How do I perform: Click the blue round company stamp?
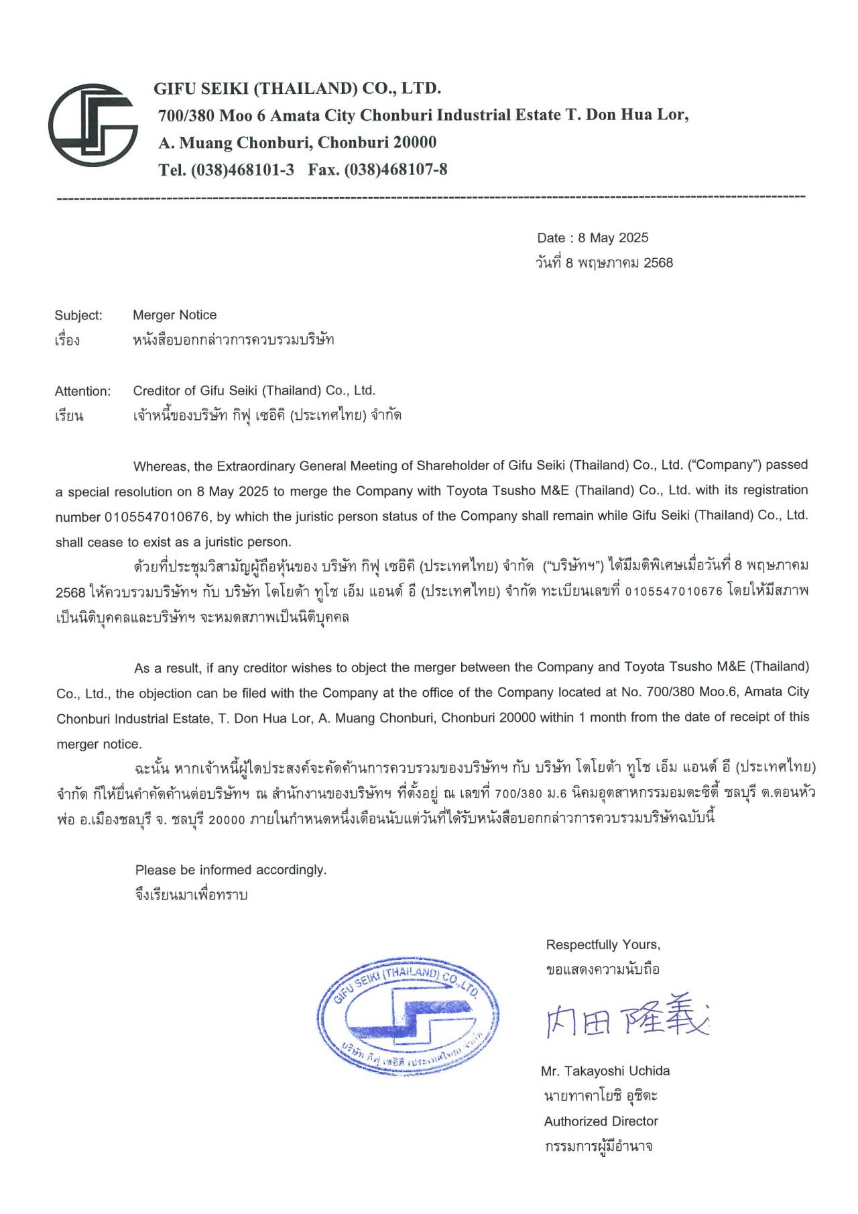[x=408, y=1016]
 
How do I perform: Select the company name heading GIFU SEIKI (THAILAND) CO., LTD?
[x=297, y=89]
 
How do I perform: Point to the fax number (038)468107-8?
[x=395, y=170]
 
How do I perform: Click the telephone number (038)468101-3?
[x=243, y=170]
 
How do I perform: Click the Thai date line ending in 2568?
[x=605, y=262]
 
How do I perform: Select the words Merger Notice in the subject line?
[x=174, y=315]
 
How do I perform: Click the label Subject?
[x=78, y=315]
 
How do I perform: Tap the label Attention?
[x=82, y=391]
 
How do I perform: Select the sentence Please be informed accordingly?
[x=231, y=870]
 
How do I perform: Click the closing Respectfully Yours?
[x=603, y=944]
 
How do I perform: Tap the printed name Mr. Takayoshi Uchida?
[x=605, y=1070]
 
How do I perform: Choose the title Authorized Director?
[x=601, y=1121]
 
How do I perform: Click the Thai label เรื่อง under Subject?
[x=67, y=340]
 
